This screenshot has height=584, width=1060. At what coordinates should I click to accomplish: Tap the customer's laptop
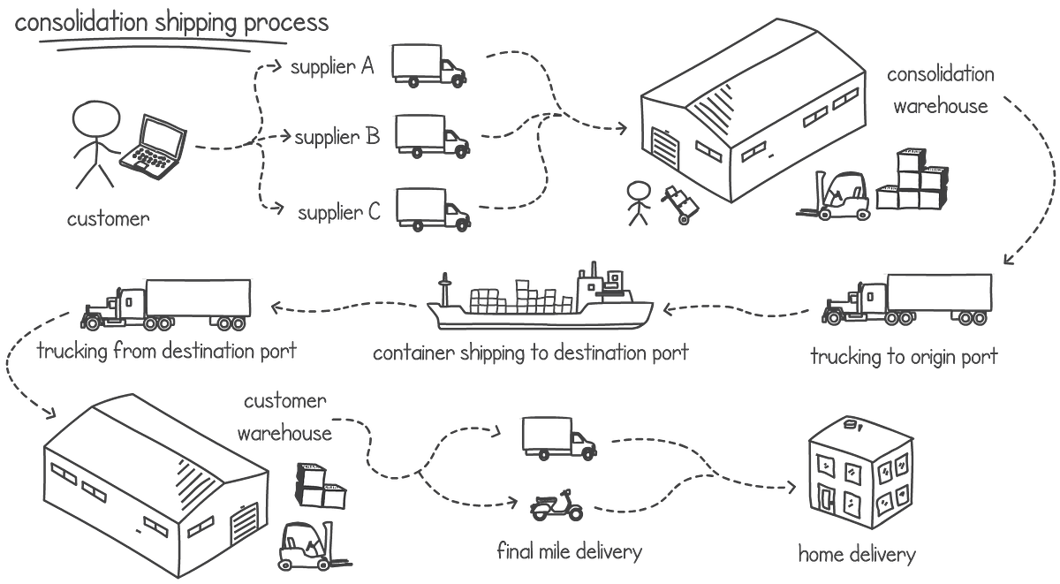[x=155, y=146]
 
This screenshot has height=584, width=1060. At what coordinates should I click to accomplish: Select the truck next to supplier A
[x=428, y=68]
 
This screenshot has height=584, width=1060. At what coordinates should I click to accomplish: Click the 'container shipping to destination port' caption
[x=529, y=353]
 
